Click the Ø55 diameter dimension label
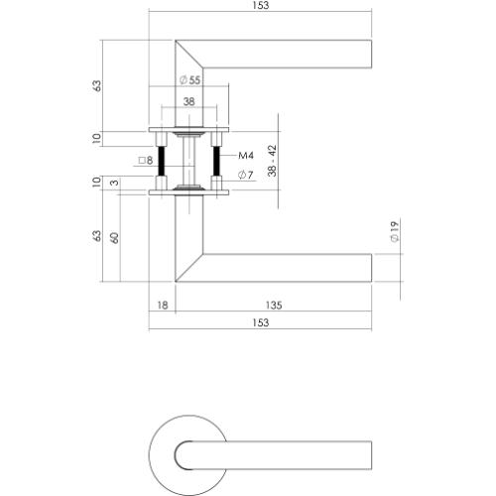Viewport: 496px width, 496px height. click(188, 79)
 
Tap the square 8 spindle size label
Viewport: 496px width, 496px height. click(145, 159)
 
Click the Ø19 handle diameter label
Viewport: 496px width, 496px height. click(394, 234)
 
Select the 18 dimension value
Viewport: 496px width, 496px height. click(162, 306)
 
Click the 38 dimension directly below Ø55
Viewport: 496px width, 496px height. click(188, 101)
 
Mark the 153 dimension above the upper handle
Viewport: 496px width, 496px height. click(261, 6)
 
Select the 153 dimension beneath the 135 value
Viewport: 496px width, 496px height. click(261, 323)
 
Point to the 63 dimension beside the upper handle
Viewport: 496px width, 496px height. click(96, 85)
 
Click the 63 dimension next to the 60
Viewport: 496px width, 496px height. click(96, 237)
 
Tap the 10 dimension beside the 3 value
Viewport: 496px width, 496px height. click(96, 183)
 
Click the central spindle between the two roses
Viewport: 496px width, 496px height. click(188, 159)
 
